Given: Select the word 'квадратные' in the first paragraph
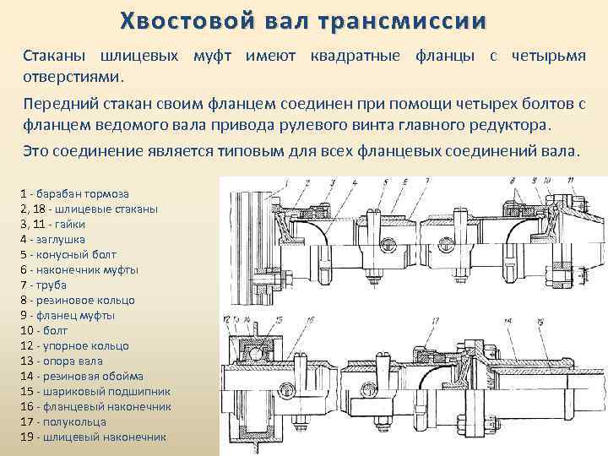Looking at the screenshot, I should pos(364,56).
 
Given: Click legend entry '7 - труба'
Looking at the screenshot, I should pos(46,285).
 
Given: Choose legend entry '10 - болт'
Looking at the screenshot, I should pos(46,330).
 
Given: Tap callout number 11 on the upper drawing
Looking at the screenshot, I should pos(551,182).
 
